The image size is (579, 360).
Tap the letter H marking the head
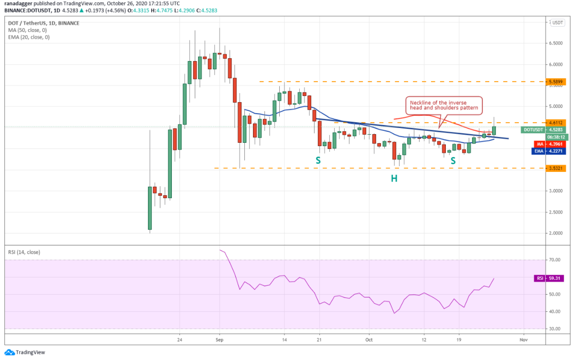point(394,178)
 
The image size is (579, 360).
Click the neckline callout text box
point(444,106)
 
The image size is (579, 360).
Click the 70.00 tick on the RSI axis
point(555,260)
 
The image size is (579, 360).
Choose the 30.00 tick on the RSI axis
point(555,329)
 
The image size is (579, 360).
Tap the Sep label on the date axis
point(219,340)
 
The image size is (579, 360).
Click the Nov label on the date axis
point(523,340)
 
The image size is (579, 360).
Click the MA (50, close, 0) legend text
point(28,30)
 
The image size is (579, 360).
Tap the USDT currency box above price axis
point(558,22)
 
